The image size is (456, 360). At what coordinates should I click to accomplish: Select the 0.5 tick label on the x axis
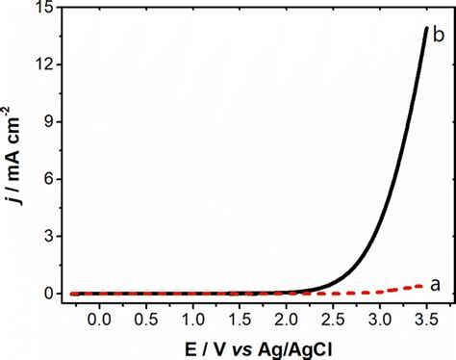(x=146, y=316)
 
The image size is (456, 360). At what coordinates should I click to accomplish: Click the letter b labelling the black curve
(x=438, y=35)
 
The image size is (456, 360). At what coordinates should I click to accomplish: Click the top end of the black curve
(x=425, y=28)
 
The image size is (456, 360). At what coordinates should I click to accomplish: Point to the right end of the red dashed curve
(x=426, y=284)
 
